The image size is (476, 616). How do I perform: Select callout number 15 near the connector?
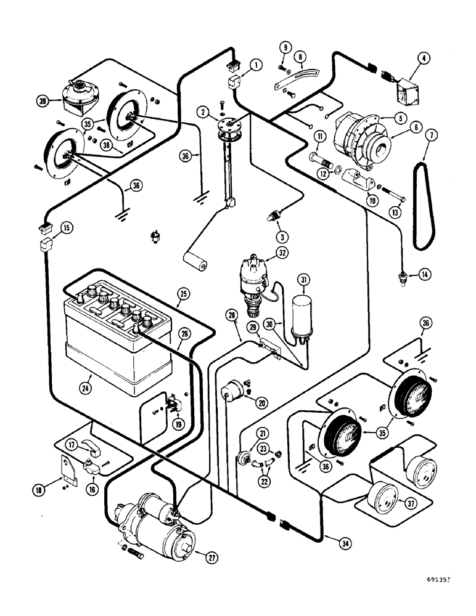66,227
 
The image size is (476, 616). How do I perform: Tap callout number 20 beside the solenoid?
262,403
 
